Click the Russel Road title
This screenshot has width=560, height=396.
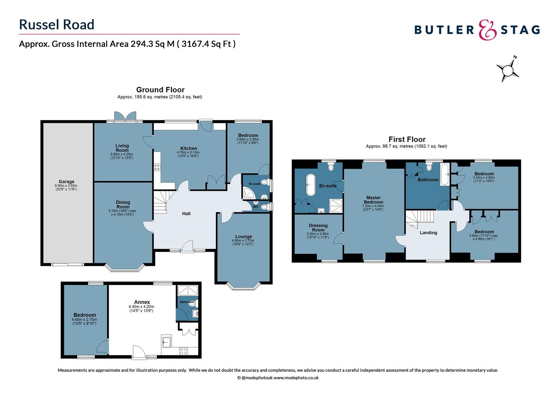point(57,25)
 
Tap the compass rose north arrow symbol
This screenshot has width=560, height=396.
point(508,69)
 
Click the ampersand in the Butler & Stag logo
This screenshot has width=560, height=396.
point(488,30)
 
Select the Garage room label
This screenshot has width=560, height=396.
point(66,181)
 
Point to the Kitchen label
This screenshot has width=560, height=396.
point(188,148)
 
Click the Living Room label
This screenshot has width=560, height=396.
point(122,148)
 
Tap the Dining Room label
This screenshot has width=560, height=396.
point(123,205)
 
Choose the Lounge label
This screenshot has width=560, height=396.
point(243,236)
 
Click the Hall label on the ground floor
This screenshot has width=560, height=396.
point(186,213)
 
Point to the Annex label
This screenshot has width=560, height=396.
point(142,302)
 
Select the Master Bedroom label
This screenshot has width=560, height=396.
point(373,200)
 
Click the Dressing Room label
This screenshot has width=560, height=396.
point(318,228)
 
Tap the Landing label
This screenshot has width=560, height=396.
point(428,232)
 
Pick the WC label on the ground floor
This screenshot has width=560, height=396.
point(256,207)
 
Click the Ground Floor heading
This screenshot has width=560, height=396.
point(160,90)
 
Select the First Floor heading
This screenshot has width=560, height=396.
point(407,139)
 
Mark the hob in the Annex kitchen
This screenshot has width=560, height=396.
point(184,351)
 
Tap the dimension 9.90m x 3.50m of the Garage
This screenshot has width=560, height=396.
point(66,186)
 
